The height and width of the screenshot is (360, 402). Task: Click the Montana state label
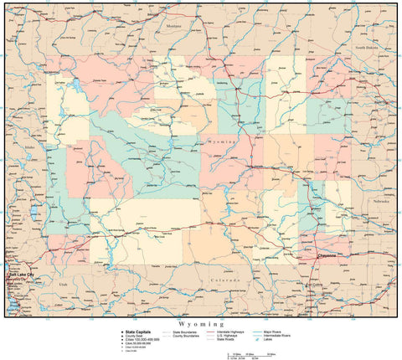(173, 26)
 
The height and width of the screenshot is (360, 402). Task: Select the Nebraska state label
(382, 202)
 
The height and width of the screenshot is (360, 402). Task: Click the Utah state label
(39, 284)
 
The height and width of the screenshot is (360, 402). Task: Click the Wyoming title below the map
(201, 322)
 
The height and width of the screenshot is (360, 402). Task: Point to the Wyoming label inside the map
(222, 143)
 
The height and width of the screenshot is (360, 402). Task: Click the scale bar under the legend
(251, 354)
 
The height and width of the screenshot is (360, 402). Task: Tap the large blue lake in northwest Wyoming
(71, 86)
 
